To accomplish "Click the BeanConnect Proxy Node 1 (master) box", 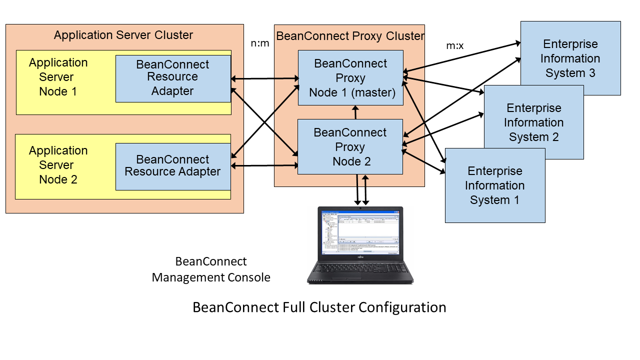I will (350, 77).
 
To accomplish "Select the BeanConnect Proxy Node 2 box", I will (350, 146).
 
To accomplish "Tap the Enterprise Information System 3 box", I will (570, 58).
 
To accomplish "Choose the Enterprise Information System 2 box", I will (533, 122).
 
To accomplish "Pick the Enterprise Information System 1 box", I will (494, 185).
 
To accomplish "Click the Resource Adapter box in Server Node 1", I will (173, 78).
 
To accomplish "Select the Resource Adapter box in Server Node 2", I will (173, 166).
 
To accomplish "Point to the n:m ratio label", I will (260, 43).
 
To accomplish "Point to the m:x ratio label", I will (454, 46).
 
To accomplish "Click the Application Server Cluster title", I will (123, 35).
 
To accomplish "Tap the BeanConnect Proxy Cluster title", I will (350, 36).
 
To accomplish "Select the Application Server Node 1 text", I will (58, 77).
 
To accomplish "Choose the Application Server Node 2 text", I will (58, 165).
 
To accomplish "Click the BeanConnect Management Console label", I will (211, 269).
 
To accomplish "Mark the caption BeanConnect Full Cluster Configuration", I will (319, 307).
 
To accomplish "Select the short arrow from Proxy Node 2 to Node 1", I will (355, 112).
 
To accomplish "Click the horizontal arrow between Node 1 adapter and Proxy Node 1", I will (265, 78).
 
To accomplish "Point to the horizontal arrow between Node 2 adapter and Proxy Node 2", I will (265, 165).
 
